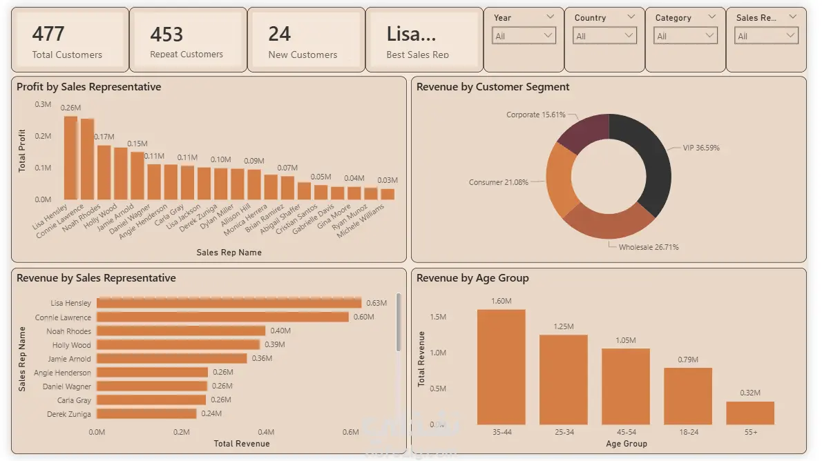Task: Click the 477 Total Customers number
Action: pyautogui.click(x=48, y=34)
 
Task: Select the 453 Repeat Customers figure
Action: pyautogui.click(x=166, y=35)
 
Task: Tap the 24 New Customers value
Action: pyautogui.click(x=280, y=34)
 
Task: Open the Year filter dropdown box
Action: pyautogui.click(x=524, y=36)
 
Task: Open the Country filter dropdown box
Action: pyautogui.click(x=604, y=36)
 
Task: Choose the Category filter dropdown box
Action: pyautogui.click(x=685, y=36)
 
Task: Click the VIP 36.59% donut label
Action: pyautogui.click(x=701, y=148)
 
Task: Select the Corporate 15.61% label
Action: pyautogui.click(x=536, y=115)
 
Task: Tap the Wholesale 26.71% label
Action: pyautogui.click(x=649, y=247)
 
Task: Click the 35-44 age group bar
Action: pyautogui.click(x=501, y=366)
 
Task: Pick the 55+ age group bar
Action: pyautogui.click(x=750, y=413)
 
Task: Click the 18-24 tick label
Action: pyautogui.click(x=688, y=432)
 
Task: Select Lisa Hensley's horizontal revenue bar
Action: pyautogui.click(x=229, y=303)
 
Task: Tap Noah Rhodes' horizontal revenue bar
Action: pyautogui.click(x=181, y=331)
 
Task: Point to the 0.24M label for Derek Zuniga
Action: pyautogui.click(x=211, y=413)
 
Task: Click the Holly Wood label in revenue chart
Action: pyautogui.click(x=71, y=345)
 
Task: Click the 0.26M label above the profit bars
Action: pyautogui.click(x=70, y=108)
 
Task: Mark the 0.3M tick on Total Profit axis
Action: pyautogui.click(x=43, y=104)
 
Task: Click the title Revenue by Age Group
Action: pyautogui.click(x=472, y=278)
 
